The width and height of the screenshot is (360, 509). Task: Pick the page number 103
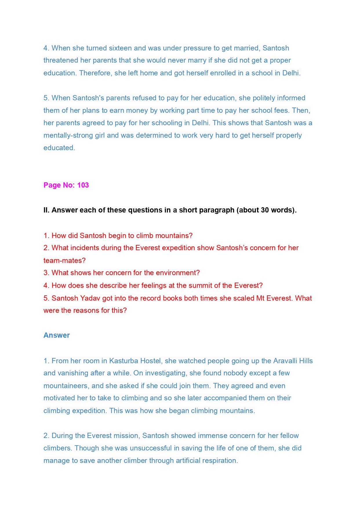(83, 185)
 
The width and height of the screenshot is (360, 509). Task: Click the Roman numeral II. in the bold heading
(46, 210)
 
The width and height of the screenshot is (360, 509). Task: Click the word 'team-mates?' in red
(64, 261)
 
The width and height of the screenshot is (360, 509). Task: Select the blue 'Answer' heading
(57, 335)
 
